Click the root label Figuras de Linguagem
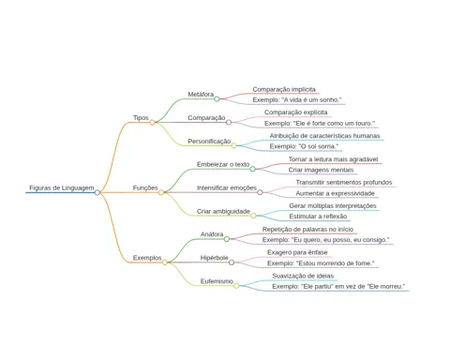coord(62,187)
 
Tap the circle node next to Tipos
coord(152,123)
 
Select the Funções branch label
coord(145,187)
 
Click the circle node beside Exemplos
coord(165,262)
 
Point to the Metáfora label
coord(201,94)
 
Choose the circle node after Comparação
coord(229,122)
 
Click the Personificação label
coord(209,142)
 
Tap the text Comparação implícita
coord(284,89)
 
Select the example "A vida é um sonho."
coord(297,100)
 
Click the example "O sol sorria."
coord(304,146)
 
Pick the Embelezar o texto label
coord(223,164)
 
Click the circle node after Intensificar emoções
coord(260,192)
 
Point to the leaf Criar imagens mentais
coord(321,170)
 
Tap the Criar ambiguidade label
coord(223,211)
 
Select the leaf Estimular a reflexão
coord(318,217)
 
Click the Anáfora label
coord(212,234)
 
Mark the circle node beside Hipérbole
coord(232,262)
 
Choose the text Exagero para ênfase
coord(297,252)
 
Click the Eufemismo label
coord(217,281)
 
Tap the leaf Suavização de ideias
coord(303,276)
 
